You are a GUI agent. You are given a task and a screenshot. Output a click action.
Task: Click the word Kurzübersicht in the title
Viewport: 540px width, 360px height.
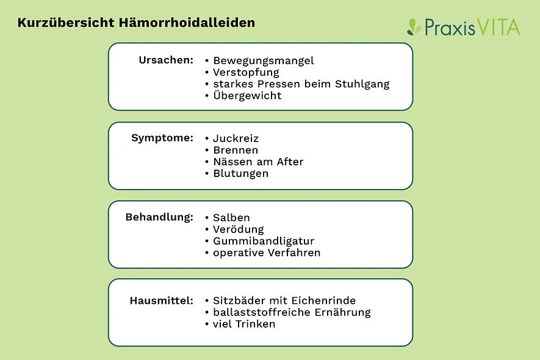point(66,23)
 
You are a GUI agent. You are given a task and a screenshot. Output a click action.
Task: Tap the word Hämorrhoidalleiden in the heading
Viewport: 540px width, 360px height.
point(187,23)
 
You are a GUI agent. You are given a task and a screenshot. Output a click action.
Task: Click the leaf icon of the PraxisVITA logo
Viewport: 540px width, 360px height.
point(414,27)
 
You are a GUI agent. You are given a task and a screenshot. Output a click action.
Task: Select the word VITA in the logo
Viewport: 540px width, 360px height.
point(499,27)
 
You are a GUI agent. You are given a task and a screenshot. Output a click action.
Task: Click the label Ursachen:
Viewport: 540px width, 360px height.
point(166,60)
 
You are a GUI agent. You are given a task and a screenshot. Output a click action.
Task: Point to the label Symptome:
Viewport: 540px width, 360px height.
point(162,138)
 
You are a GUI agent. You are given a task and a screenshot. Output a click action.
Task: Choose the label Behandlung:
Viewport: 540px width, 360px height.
point(159,217)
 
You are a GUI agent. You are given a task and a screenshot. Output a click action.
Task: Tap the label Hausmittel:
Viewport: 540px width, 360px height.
point(162,301)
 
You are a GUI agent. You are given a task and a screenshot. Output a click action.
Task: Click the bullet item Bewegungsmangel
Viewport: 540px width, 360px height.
point(264,61)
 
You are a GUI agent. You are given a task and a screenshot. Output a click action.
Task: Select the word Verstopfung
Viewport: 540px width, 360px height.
point(246,73)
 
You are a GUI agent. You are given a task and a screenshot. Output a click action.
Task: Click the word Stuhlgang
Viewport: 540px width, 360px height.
point(362,84)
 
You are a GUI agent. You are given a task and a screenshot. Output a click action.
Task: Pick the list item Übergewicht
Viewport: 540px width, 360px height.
point(247,95)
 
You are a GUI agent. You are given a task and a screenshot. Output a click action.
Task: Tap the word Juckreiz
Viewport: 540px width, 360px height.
point(236,139)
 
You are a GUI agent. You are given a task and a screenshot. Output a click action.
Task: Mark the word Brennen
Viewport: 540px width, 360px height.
point(236,150)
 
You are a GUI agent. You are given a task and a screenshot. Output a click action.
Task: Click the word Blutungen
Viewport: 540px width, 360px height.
point(241,174)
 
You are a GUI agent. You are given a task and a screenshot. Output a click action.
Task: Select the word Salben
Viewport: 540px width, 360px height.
point(231,218)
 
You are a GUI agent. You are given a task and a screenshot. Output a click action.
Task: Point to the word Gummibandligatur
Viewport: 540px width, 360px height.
point(264,241)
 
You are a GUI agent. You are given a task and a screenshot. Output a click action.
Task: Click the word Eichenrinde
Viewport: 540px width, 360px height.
point(323,300)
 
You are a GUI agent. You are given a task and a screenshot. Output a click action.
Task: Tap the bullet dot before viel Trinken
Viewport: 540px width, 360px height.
point(207,324)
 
